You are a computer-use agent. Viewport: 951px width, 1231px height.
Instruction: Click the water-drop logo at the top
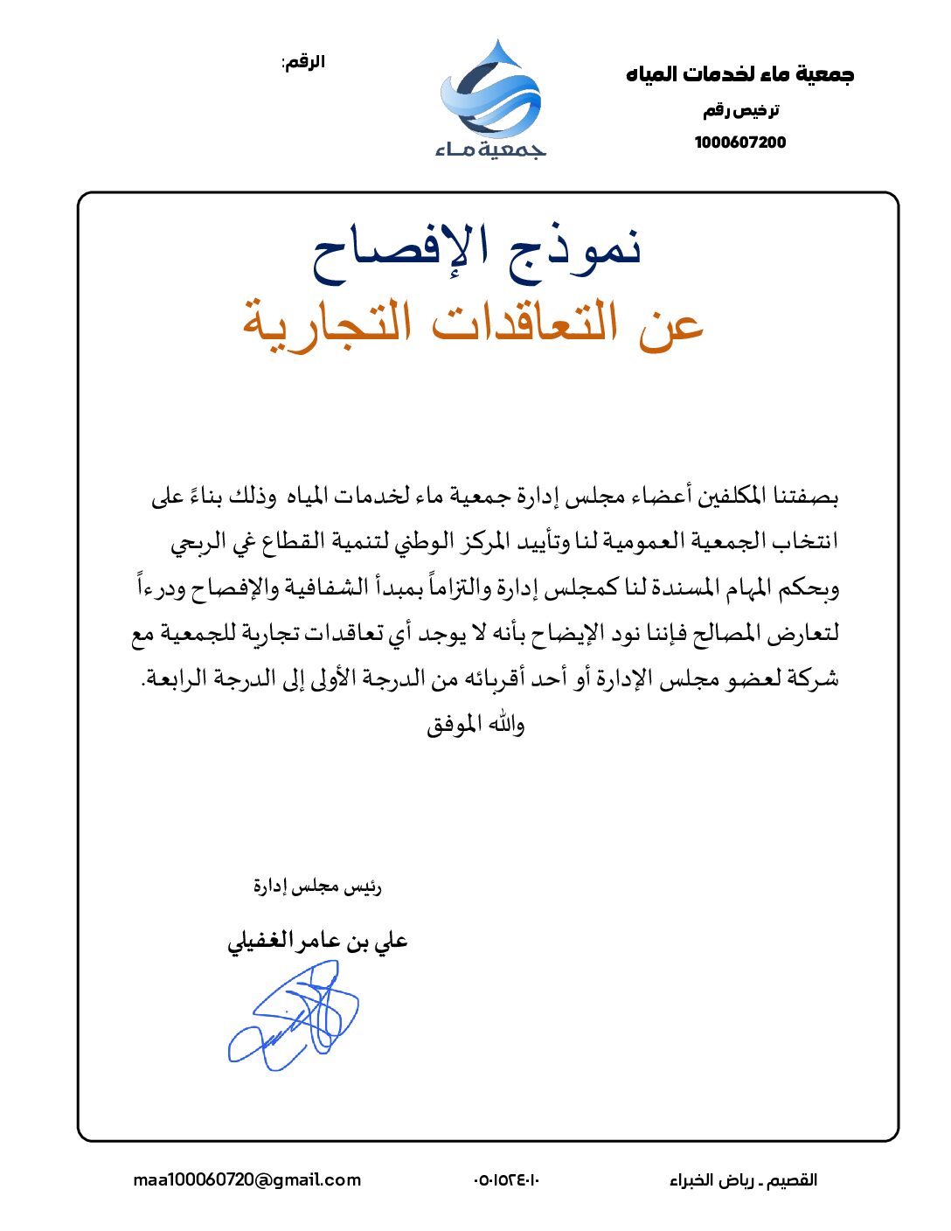point(491,91)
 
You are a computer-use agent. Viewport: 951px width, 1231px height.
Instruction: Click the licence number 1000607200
point(740,143)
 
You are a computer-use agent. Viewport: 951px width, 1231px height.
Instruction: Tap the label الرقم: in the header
point(303,62)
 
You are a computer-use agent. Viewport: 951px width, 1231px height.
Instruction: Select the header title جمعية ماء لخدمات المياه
point(739,74)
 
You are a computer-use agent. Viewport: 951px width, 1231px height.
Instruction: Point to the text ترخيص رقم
point(741,110)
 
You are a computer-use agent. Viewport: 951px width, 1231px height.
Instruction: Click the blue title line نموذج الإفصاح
point(477,247)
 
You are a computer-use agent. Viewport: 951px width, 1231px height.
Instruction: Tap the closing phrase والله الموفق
point(475,725)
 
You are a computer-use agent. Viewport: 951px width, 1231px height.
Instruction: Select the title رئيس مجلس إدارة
point(317,887)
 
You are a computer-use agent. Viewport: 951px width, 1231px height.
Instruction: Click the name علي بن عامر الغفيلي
point(317,941)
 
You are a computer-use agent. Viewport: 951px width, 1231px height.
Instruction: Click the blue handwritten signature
point(295,1017)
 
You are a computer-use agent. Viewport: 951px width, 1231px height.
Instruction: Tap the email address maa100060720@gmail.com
point(246,1180)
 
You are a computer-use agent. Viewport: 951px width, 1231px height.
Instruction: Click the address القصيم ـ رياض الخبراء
point(743,1180)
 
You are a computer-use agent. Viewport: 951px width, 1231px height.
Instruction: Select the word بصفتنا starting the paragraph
point(803,497)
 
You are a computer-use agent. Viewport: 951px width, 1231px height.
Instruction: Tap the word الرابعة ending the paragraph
point(175,678)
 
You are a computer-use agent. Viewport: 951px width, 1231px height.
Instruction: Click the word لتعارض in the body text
point(806,632)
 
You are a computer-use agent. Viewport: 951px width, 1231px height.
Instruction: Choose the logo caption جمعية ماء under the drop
point(491,150)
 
